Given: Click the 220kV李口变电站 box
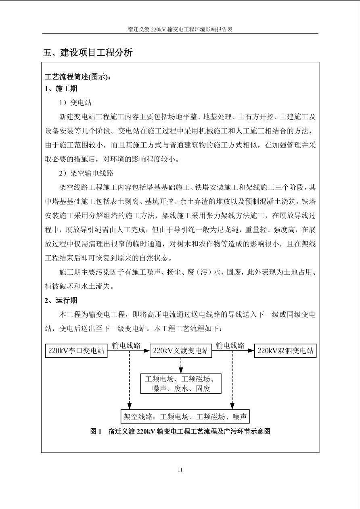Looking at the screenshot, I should (76, 351).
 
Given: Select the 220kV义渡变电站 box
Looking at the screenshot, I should (181, 351).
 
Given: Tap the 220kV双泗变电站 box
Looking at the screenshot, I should (286, 351).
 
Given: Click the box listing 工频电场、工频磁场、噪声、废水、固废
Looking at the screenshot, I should (181, 384).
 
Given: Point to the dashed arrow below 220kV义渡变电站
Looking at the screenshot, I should (181, 365).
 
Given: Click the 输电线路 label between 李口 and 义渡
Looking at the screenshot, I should (126, 346).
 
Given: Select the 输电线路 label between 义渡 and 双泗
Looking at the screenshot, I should (230, 346).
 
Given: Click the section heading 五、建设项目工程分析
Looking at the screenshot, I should (88, 52).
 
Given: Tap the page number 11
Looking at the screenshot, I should (180, 469).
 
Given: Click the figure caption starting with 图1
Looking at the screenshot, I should (180, 431).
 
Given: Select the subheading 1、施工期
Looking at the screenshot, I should (61, 88).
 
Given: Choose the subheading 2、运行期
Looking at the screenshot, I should (61, 300).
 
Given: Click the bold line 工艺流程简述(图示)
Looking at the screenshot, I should (77, 77).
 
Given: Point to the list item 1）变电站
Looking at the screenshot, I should (75, 102).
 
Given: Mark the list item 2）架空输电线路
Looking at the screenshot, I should (86, 173).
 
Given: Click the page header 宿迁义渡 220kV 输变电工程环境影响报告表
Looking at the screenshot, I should (180, 29).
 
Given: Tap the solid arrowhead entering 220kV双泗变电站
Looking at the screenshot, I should (251, 351).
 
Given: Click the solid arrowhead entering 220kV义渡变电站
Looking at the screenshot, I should (147, 351).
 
